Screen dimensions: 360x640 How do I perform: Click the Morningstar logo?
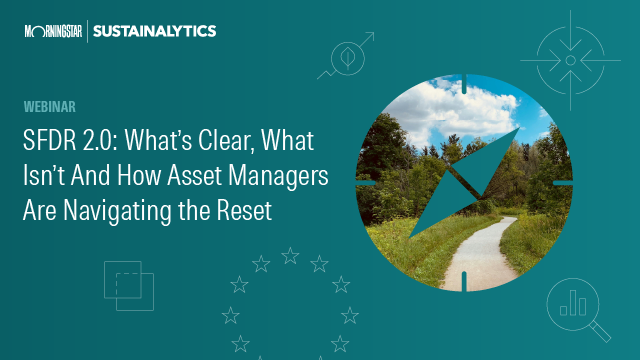[x=54, y=32]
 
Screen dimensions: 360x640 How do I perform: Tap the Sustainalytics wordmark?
[x=154, y=32]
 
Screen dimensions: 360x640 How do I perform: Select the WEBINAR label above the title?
[x=50, y=105]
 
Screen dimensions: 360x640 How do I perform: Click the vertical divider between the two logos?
[x=87, y=32]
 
